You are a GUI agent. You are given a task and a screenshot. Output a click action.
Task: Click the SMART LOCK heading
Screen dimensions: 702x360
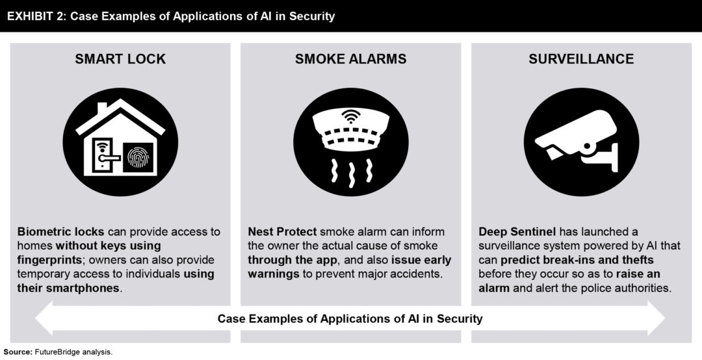(x=120, y=59)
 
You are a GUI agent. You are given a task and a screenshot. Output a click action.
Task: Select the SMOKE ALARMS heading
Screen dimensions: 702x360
(x=350, y=59)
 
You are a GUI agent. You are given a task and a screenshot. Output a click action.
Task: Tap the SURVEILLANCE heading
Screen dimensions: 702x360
(x=581, y=59)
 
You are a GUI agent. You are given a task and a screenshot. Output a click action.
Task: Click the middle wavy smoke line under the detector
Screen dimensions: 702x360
(x=351, y=173)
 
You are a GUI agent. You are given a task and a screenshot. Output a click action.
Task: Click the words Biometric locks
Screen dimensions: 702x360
(x=60, y=232)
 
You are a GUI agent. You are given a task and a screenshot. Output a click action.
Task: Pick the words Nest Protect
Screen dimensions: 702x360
(x=282, y=232)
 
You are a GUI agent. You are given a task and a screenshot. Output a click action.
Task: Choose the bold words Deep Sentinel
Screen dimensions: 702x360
(x=517, y=232)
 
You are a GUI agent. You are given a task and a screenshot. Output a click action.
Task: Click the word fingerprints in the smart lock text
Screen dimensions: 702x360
(x=48, y=260)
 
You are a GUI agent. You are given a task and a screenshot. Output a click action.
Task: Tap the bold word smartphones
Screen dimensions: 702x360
(x=68, y=288)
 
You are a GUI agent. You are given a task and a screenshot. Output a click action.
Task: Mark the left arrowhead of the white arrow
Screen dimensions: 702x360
(x=45, y=318)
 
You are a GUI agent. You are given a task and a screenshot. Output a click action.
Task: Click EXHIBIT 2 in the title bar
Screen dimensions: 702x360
(x=36, y=16)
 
